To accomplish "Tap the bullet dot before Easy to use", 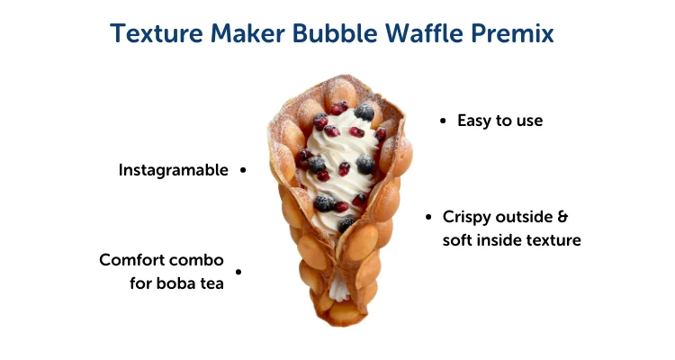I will [x=443, y=120].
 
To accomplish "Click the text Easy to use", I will [x=499, y=120].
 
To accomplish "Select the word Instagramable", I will [x=174, y=170].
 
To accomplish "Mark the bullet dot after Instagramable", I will [x=243, y=169].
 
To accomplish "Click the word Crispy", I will [x=467, y=218].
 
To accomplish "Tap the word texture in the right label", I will [x=556, y=240].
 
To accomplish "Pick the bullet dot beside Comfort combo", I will [x=238, y=271].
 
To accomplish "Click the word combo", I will [x=199, y=260].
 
